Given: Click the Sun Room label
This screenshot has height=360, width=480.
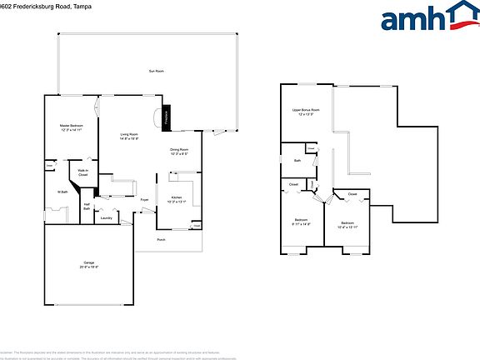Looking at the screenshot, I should point(156,72).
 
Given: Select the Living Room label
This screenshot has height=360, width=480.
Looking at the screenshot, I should point(129,134).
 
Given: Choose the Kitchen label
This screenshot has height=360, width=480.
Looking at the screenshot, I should point(177,197).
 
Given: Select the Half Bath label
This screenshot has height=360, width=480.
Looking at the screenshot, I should point(87,207).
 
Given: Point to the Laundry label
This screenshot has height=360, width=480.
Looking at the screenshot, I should point(107,218).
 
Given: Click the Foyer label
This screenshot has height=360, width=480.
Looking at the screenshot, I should point(144,200).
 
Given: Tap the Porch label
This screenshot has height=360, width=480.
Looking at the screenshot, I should point(162,240).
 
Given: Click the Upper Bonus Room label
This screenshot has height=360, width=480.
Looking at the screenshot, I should point(306,110).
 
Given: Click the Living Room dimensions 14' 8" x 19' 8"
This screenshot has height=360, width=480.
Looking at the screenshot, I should point(129,138).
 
